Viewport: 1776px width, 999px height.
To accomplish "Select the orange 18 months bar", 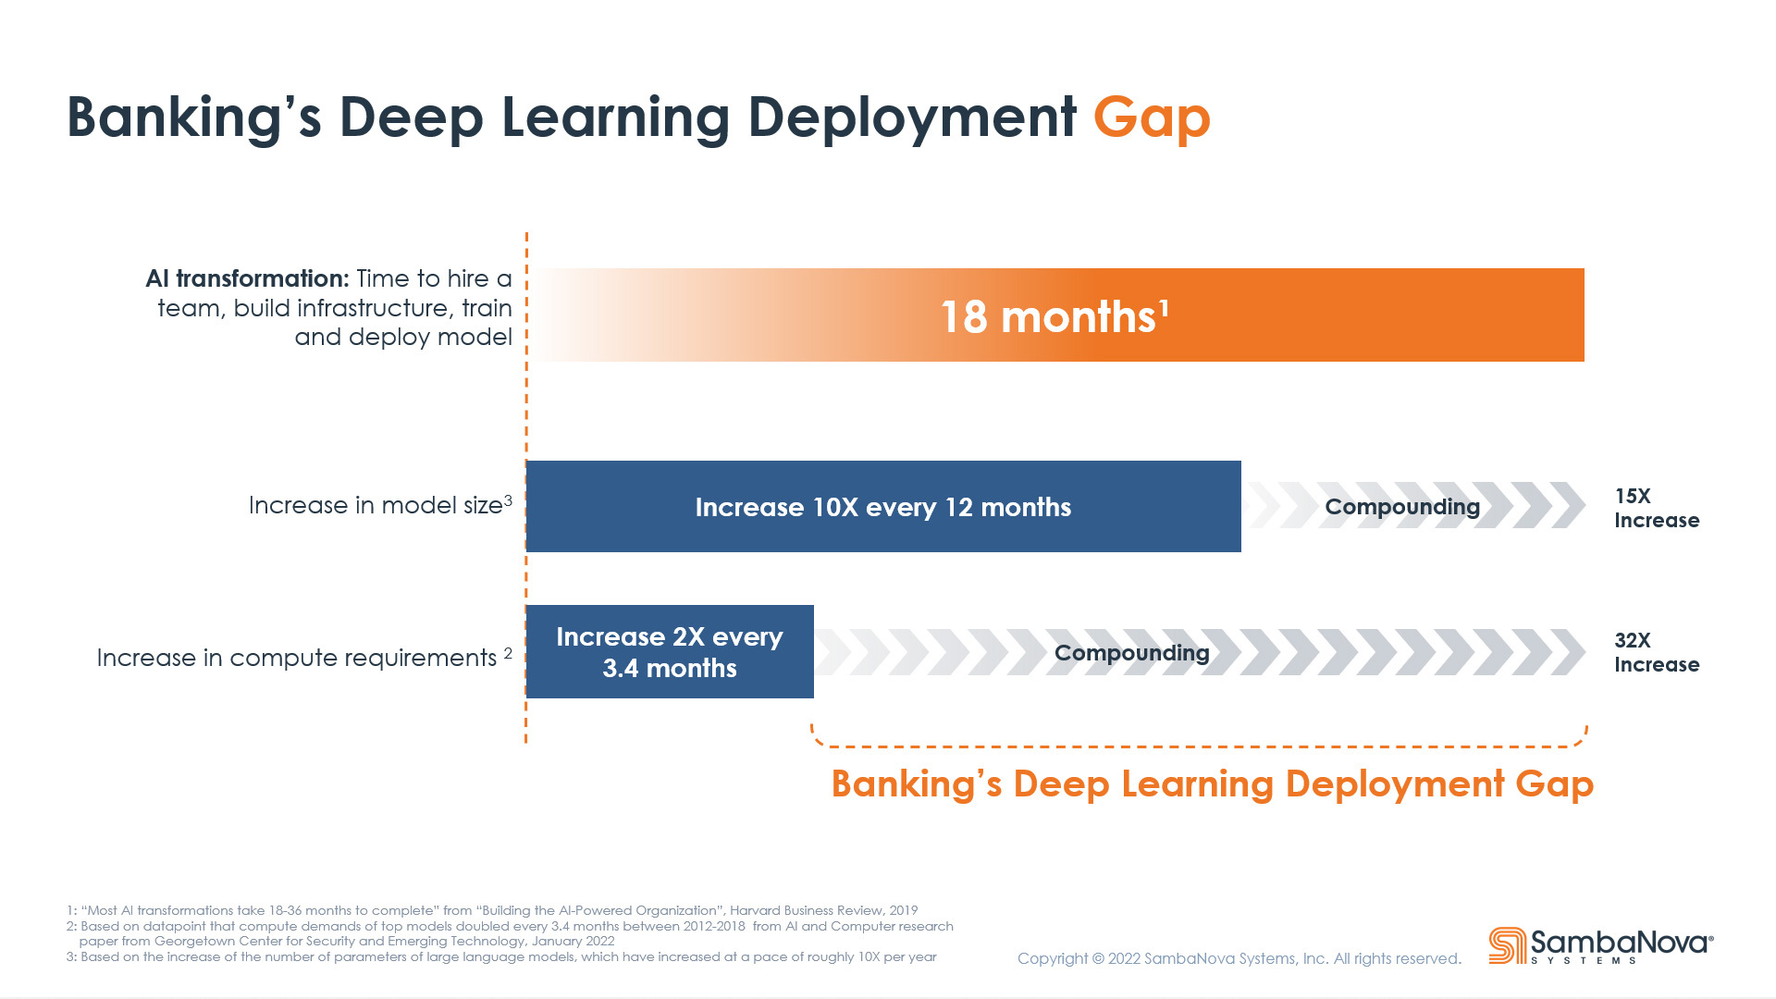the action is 1059,314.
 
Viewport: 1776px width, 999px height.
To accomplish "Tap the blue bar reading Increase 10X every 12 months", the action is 883,506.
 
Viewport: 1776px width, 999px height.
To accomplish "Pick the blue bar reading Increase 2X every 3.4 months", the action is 670,651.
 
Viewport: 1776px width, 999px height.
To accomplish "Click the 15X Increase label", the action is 1657,508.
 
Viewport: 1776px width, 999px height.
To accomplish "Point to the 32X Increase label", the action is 1657,652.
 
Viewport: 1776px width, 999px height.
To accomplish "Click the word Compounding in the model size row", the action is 1402,507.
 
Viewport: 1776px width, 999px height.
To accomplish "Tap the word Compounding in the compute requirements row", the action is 1132,653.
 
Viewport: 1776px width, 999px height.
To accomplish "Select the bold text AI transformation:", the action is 247,278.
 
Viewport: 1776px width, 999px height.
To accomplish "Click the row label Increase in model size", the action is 380,505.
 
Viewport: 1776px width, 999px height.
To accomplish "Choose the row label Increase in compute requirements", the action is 304,657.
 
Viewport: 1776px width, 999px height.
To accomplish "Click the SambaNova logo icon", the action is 1508,945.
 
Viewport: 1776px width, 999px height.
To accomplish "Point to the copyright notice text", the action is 1239,958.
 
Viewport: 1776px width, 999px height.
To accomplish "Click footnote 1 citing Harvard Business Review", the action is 492,910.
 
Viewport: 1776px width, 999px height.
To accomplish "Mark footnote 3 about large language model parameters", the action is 501,956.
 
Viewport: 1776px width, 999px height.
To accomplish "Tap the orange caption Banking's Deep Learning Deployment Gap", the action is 1213,783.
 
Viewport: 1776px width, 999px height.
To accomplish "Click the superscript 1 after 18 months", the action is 1165,307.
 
